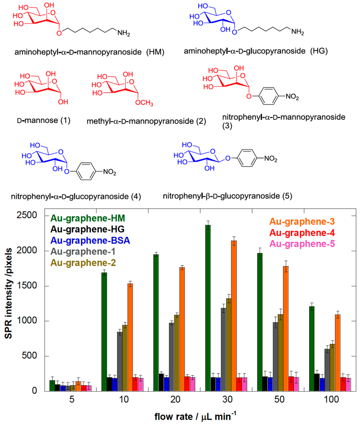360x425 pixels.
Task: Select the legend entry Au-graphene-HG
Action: (x=88, y=229)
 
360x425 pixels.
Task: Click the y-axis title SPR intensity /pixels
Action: (x=8, y=293)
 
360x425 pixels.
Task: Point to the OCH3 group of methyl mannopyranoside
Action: (x=144, y=103)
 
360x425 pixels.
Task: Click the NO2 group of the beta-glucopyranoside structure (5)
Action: (x=270, y=159)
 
